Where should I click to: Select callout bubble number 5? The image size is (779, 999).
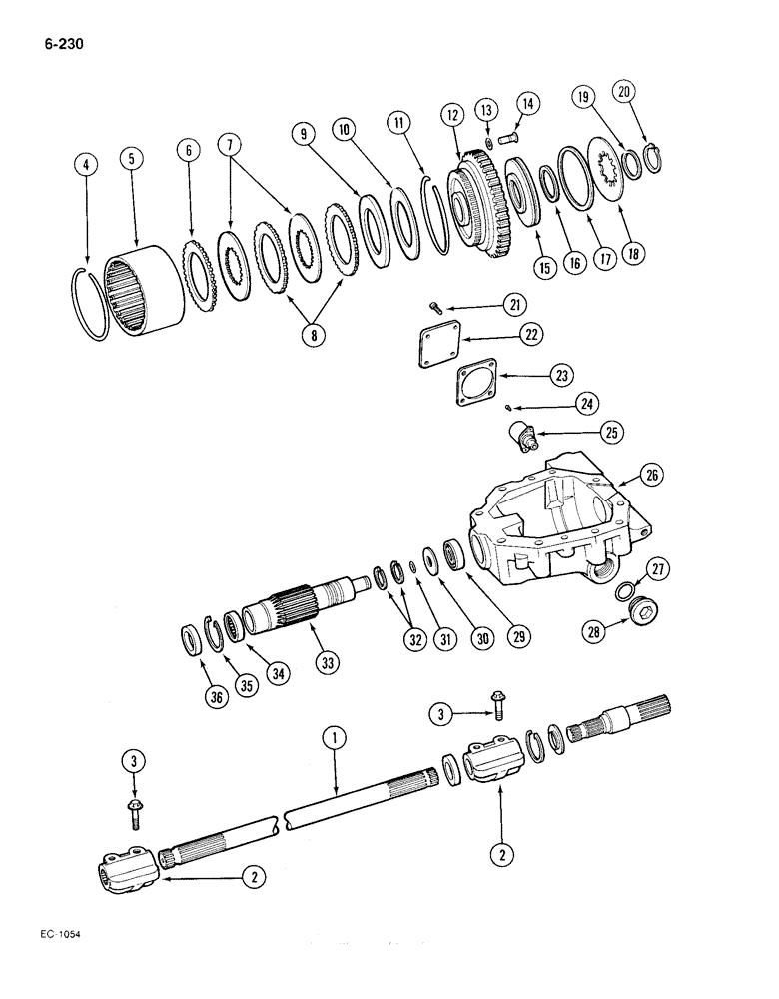129,159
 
